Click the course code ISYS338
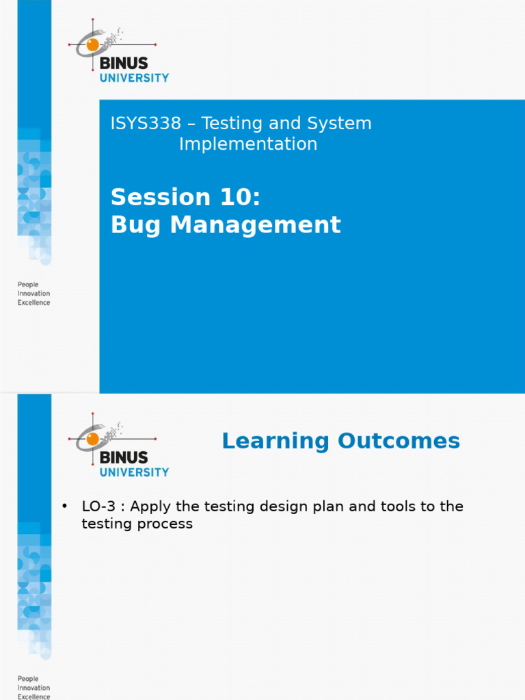[146, 124]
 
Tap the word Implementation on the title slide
[247, 144]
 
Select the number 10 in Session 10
[238, 197]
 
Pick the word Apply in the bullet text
[149, 507]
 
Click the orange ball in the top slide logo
[92, 44]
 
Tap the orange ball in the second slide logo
[92, 438]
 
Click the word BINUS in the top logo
[123, 64]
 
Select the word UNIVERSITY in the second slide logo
[134, 472]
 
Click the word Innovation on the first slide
[33, 293]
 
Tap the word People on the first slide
[28, 284]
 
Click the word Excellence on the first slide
[33, 303]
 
